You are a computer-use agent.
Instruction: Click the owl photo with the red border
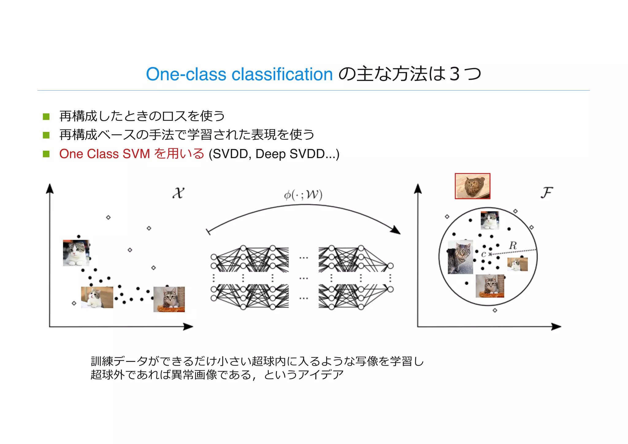point(472,186)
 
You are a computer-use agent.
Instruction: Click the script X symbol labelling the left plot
point(178,193)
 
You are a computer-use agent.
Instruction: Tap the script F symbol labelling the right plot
point(546,193)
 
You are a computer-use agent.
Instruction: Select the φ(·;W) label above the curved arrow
point(303,195)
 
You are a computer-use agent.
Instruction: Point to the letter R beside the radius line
point(513,245)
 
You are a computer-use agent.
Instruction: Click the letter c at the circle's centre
point(484,254)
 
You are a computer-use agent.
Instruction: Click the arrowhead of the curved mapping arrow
point(397,230)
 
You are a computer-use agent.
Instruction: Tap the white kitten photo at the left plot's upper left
point(76,253)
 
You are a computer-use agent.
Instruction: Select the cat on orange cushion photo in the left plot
point(169,299)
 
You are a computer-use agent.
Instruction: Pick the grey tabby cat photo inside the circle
point(460,257)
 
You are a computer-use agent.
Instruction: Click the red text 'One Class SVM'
point(105,154)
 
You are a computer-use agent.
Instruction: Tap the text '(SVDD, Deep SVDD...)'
point(274,154)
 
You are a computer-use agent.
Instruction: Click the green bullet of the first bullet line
point(46,117)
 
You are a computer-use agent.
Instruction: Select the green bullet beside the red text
point(46,154)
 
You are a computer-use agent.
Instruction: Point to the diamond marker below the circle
point(495,311)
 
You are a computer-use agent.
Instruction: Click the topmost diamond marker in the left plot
point(108,217)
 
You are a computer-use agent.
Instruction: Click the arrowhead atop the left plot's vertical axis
point(50,188)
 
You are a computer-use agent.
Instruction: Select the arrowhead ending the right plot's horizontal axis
point(557,327)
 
